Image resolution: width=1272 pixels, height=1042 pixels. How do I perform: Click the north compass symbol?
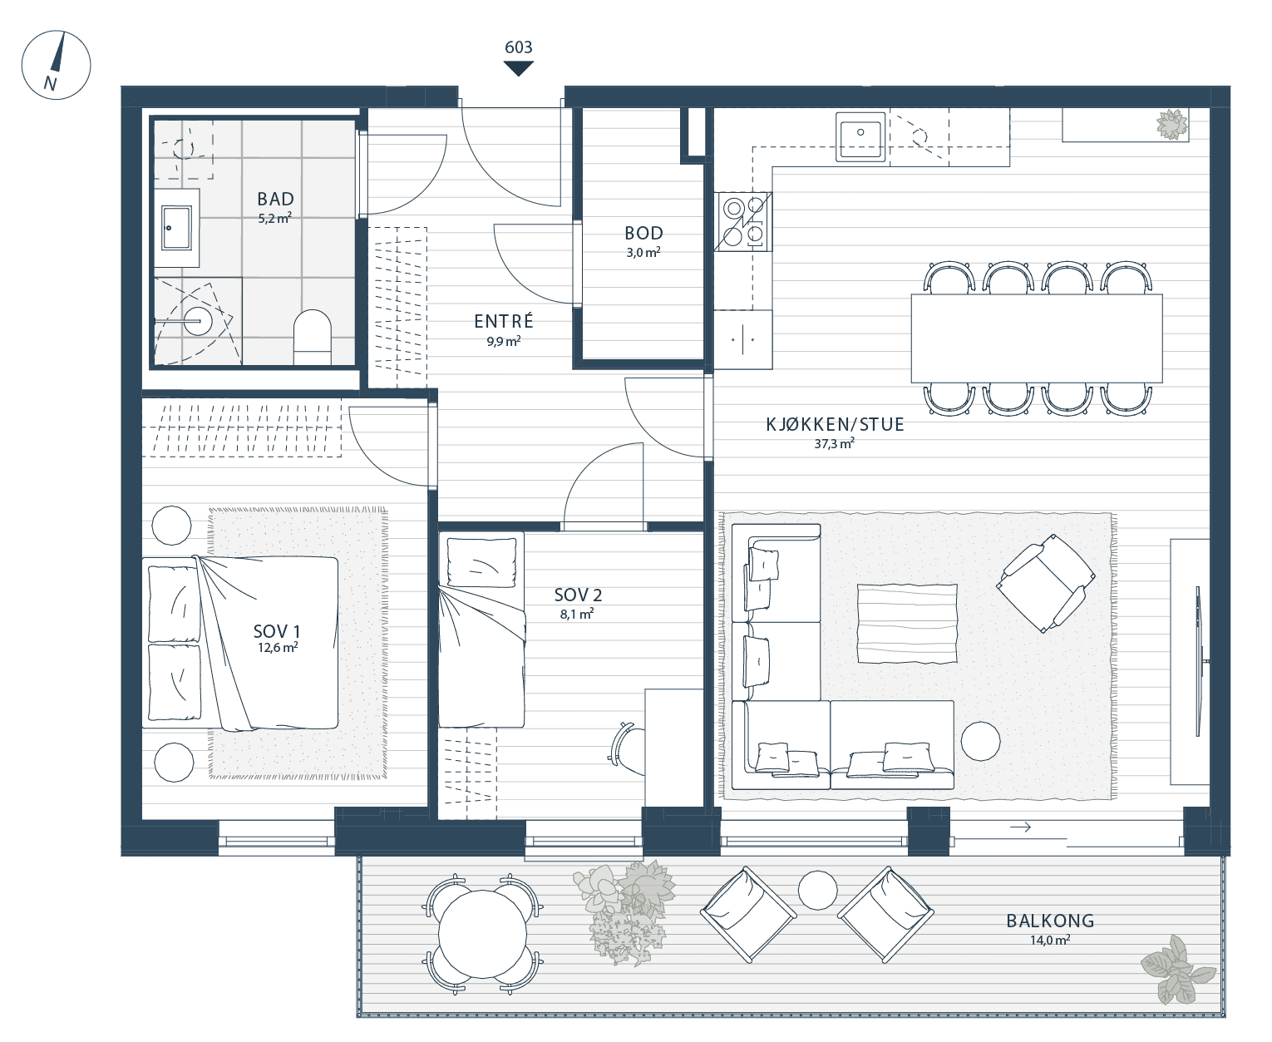[x=56, y=65]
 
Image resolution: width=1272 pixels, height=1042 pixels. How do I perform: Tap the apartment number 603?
[x=518, y=47]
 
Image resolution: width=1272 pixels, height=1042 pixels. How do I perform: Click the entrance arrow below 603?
[x=518, y=69]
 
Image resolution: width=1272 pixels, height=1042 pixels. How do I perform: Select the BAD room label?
[x=276, y=199]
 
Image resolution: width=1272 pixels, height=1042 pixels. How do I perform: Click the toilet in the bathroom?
[x=312, y=338]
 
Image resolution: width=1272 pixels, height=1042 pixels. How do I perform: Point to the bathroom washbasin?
[x=176, y=228]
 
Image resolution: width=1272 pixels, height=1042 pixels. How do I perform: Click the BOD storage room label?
[x=643, y=233]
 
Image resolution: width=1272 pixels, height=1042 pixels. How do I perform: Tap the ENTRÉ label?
[x=504, y=320]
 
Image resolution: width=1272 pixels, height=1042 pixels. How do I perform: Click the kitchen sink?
[x=860, y=136]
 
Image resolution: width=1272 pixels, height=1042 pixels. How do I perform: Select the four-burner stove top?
[x=742, y=221]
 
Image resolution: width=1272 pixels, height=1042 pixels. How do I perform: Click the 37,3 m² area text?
[x=834, y=444]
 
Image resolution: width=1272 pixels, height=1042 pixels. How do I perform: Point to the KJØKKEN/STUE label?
[x=835, y=424]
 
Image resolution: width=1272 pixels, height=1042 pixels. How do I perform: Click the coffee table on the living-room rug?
[x=907, y=623]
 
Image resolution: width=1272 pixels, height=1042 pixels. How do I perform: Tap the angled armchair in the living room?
[x=1045, y=583]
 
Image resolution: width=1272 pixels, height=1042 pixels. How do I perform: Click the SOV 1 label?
[x=276, y=631]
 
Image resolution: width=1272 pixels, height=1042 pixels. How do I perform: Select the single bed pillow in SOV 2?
[x=482, y=562]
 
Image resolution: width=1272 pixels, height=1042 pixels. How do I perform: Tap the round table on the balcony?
[x=482, y=934]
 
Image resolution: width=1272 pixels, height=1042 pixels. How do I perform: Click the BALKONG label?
[x=1050, y=921]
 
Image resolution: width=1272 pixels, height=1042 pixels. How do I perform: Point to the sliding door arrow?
[x=1020, y=827]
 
